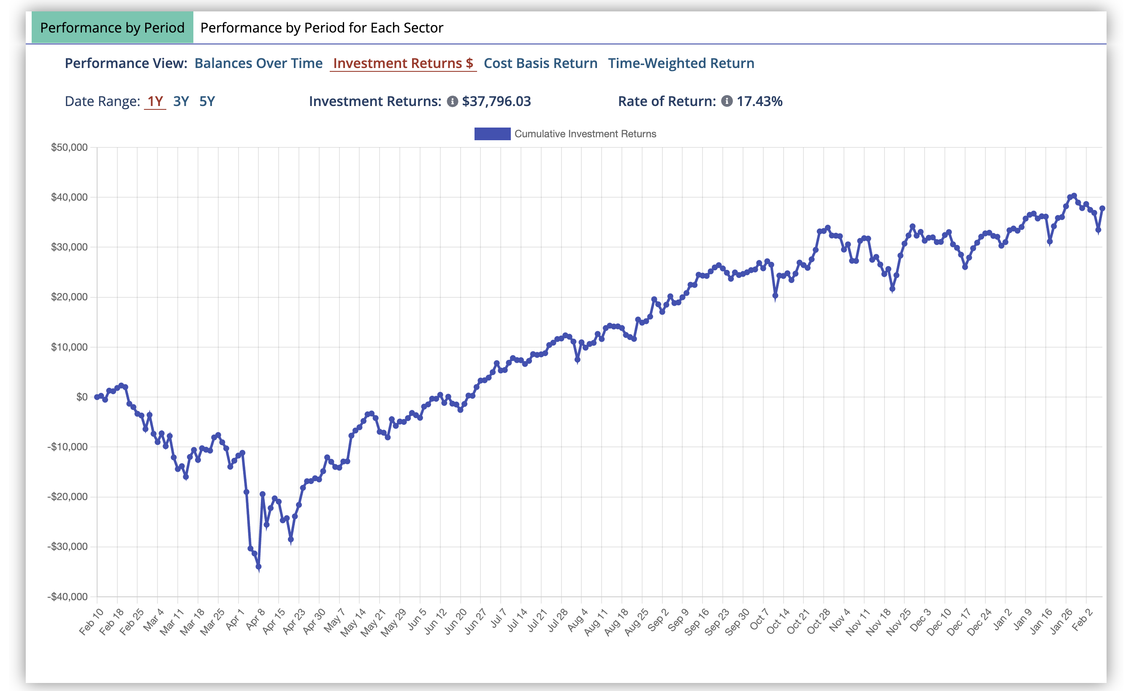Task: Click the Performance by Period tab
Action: pos(112,27)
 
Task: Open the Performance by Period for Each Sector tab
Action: pos(321,27)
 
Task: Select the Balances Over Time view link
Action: pos(258,63)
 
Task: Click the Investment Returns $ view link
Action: pos(403,63)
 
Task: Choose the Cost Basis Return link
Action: pos(540,63)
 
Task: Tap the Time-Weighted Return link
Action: pos(681,63)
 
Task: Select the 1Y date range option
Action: pos(155,101)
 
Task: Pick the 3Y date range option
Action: pos(181,101)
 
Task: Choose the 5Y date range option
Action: pos(207,101)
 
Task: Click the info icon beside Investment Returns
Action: pos(453,101)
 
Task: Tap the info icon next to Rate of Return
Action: pos(726,101)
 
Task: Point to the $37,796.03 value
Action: pos(496,101)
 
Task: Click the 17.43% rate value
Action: pos(760,101)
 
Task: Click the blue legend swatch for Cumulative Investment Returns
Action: pos(492,134)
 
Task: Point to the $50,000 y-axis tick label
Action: pos(69,147)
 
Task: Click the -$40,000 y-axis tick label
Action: pos(67,597)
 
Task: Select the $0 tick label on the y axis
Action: pos(81,397)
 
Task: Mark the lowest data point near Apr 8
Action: pos(258,567)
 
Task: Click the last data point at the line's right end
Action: pos(1102,209)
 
